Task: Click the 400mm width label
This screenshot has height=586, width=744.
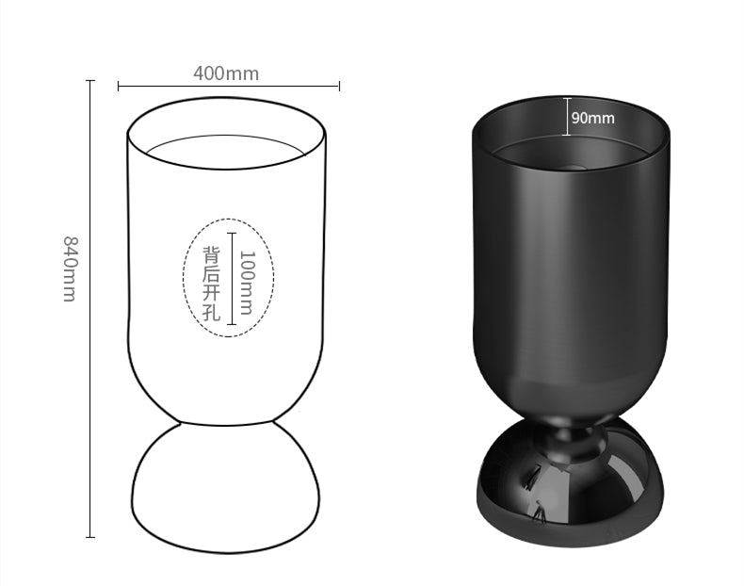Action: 226,73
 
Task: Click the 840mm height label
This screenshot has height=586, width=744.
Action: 69,269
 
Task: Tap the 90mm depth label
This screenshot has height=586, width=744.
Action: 592,118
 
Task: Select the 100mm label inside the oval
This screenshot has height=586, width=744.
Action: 247,282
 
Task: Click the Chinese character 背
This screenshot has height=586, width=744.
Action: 212,254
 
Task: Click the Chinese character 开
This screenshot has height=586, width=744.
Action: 212,294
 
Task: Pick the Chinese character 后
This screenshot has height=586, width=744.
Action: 212,274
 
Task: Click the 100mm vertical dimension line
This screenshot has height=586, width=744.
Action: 232,283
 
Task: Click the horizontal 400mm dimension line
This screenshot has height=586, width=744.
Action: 228,87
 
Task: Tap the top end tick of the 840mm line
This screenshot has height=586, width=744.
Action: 90,81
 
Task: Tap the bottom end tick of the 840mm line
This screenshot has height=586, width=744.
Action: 90,537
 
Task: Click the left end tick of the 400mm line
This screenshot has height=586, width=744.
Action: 119,87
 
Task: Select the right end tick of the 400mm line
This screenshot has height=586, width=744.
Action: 339,87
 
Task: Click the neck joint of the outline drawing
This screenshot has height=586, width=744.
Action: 226,422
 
